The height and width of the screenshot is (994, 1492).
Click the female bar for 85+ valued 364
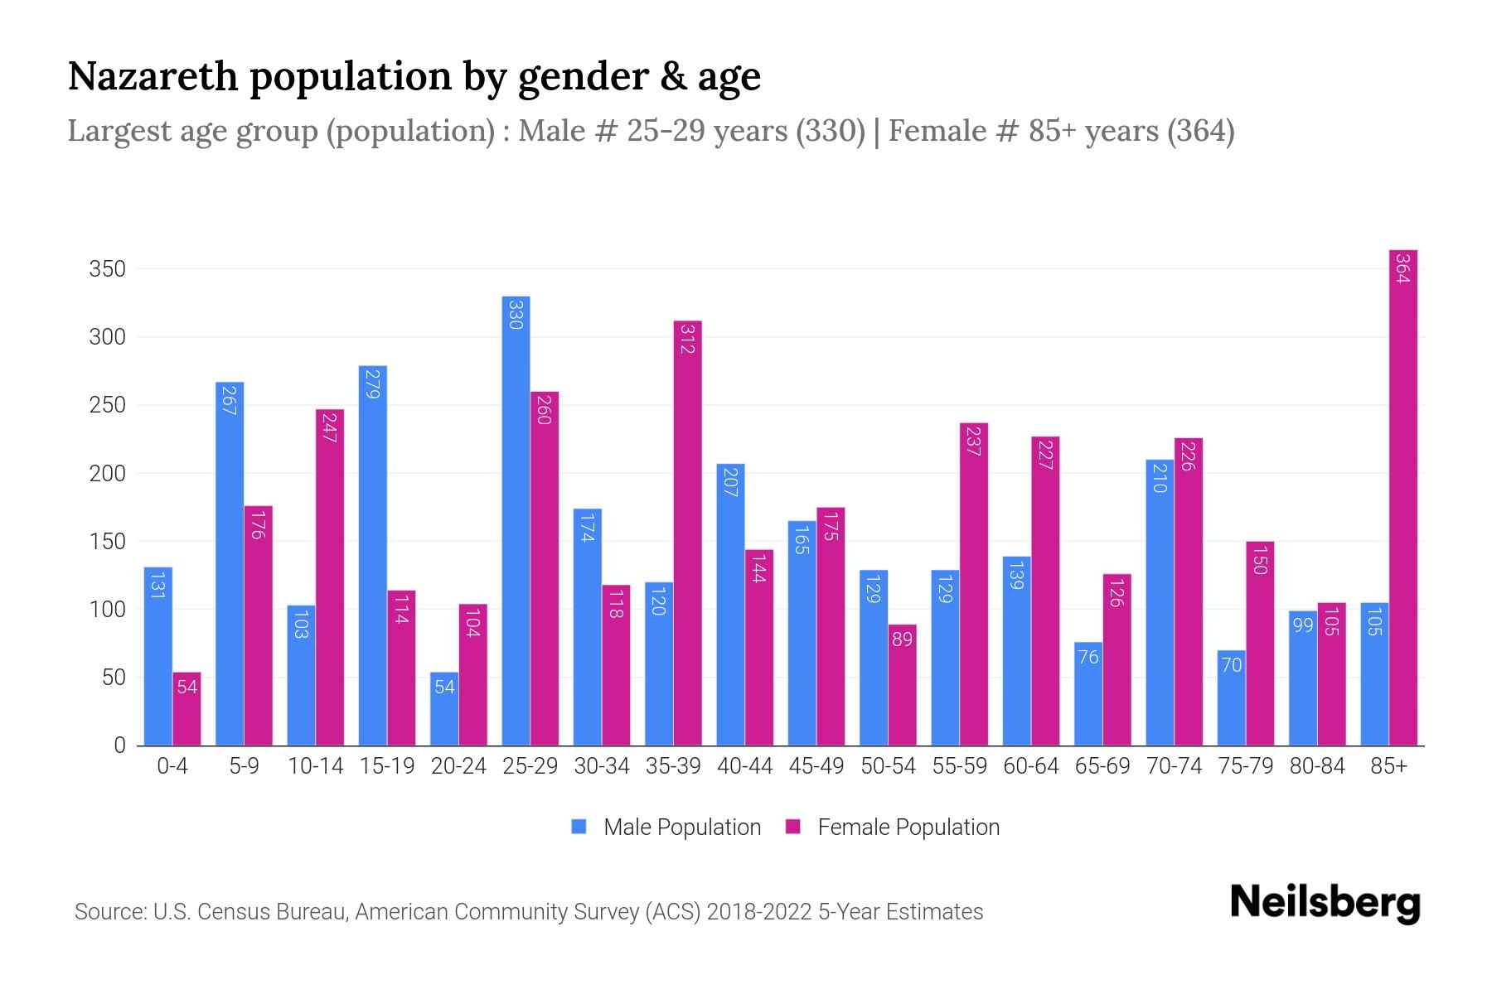(1402, 497)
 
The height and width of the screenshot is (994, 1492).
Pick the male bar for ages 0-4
(158, 656)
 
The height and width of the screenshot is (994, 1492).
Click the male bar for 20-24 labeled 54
(444, 708)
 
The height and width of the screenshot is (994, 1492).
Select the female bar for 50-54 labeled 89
(902, 684)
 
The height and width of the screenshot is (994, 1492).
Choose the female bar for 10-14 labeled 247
(330, 577)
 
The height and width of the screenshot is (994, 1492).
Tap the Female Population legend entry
(893, 828)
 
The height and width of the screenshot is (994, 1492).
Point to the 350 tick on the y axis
(107, 269)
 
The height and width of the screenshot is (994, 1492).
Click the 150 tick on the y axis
(107, 542)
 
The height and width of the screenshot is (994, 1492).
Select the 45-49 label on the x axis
(816, 766)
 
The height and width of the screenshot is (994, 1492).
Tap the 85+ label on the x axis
(1388, 766)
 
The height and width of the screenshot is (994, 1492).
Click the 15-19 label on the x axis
(387, 766)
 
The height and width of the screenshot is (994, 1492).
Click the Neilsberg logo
(1325, 902)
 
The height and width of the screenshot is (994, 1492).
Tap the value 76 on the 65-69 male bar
(1088, 657)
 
